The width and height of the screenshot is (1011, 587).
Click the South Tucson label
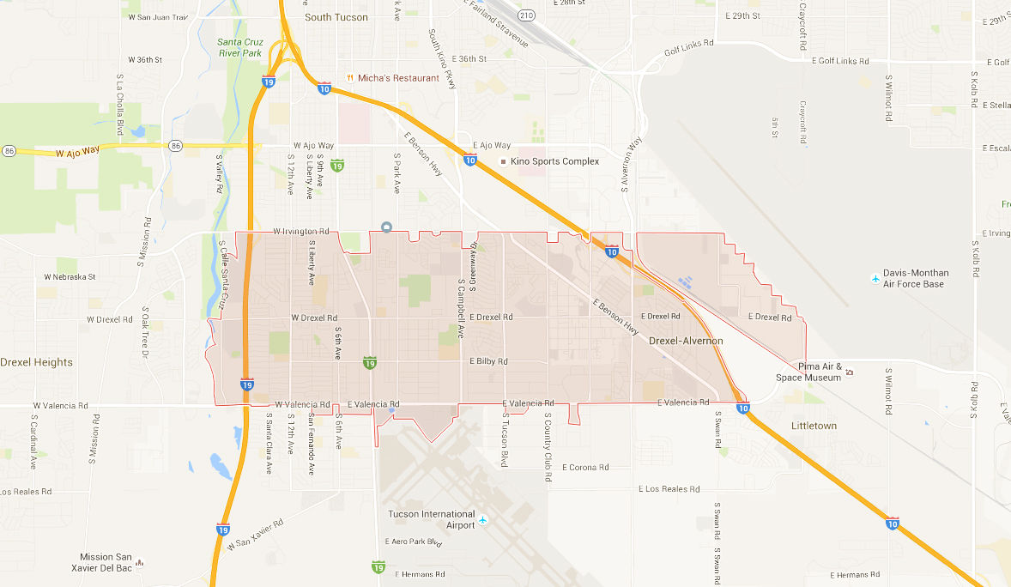pos(336,17)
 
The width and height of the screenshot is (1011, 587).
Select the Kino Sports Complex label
pos(554,161)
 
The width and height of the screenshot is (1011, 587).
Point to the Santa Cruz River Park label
pos(239,47)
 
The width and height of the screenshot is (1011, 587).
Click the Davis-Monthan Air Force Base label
pos(913,279)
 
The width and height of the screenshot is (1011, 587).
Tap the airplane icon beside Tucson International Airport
pos(483,520)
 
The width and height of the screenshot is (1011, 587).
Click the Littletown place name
pos(814,426)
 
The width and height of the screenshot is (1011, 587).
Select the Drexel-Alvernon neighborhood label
pos(686,341)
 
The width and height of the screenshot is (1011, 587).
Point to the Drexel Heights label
pos(36,362)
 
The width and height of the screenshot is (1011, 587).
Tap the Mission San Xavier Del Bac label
pos(106,562)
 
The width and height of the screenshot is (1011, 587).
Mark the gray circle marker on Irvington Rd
pos(387,227)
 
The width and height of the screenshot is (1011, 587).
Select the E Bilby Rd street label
pos(488,361)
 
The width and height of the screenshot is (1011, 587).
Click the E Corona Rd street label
pos(585,468)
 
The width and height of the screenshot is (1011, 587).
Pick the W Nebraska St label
pos(70,277)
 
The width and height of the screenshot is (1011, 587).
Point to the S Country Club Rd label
pos(547,447)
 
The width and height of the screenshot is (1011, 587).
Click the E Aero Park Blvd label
pos(416,542)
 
